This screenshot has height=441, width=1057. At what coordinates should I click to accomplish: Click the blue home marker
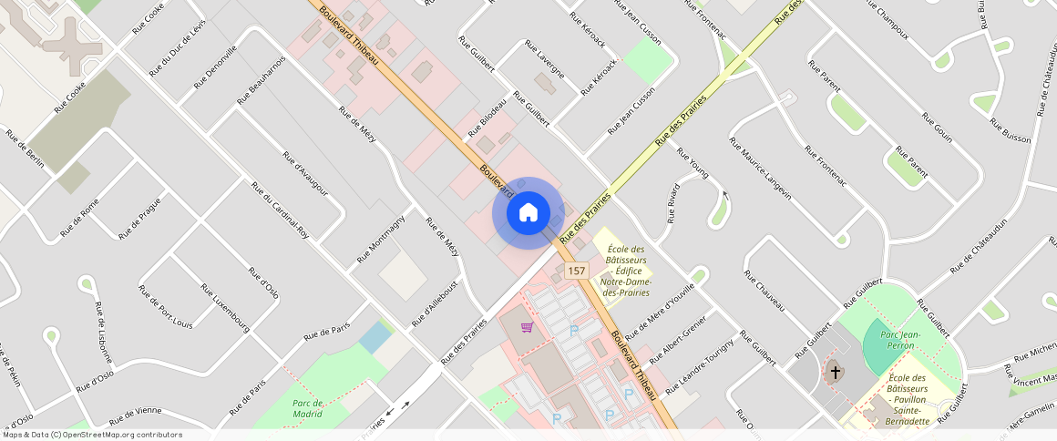click(528, 212)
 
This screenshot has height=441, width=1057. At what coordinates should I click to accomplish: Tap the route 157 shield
click(576, 272)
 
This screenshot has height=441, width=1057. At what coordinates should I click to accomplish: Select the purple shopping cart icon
click(527, 327)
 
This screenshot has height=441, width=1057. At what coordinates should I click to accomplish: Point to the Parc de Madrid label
click(308, 408)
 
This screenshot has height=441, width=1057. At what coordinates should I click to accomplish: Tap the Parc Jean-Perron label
click(901, 341)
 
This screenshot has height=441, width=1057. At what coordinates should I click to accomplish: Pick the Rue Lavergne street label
click(545, 59)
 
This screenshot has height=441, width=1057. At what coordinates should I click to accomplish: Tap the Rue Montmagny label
click(381, 240)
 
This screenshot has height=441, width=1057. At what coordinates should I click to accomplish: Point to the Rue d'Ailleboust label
click(435, 303)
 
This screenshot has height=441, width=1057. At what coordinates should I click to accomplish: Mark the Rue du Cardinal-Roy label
click(280, 210)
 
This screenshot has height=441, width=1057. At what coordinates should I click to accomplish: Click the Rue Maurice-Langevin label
click(760, 169)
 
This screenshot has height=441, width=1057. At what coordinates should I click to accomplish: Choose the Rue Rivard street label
click(673, 203)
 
